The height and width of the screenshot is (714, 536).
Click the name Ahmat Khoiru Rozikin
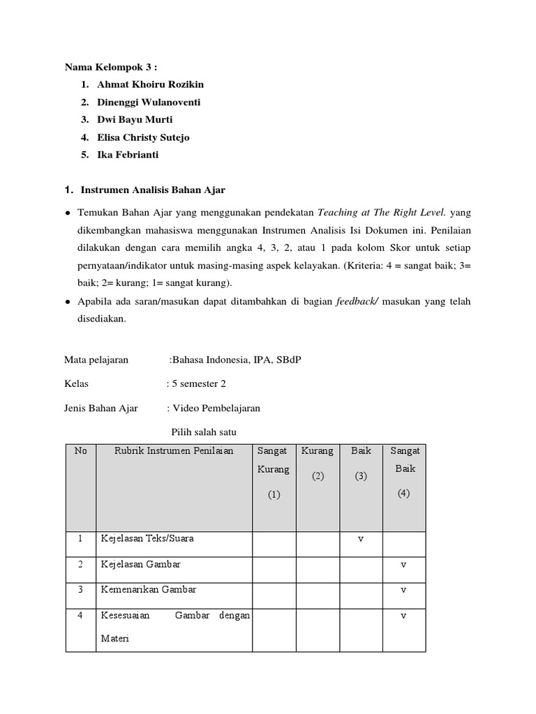tap(150, 84)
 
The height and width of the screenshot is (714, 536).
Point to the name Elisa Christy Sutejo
tap(143, 137)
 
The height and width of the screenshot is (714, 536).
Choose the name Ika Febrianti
tap(128, 155)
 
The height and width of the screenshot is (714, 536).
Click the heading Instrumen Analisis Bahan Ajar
tap(153, 190)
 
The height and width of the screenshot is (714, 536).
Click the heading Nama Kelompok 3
tap(111, 67)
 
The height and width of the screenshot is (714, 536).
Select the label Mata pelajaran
tap(96, 360)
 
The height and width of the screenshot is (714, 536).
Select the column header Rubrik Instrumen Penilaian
tap(173, 451)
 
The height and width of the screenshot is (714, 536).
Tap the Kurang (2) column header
tap(318, 464)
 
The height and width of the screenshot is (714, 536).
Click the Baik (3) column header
tap(361, 464)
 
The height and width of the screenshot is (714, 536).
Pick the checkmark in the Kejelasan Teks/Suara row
tap(361, 539)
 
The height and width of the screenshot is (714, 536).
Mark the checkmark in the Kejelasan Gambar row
tap(403, 565)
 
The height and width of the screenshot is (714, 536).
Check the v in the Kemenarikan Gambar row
tap(403, 590)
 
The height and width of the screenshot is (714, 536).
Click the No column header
tap(80, 451)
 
